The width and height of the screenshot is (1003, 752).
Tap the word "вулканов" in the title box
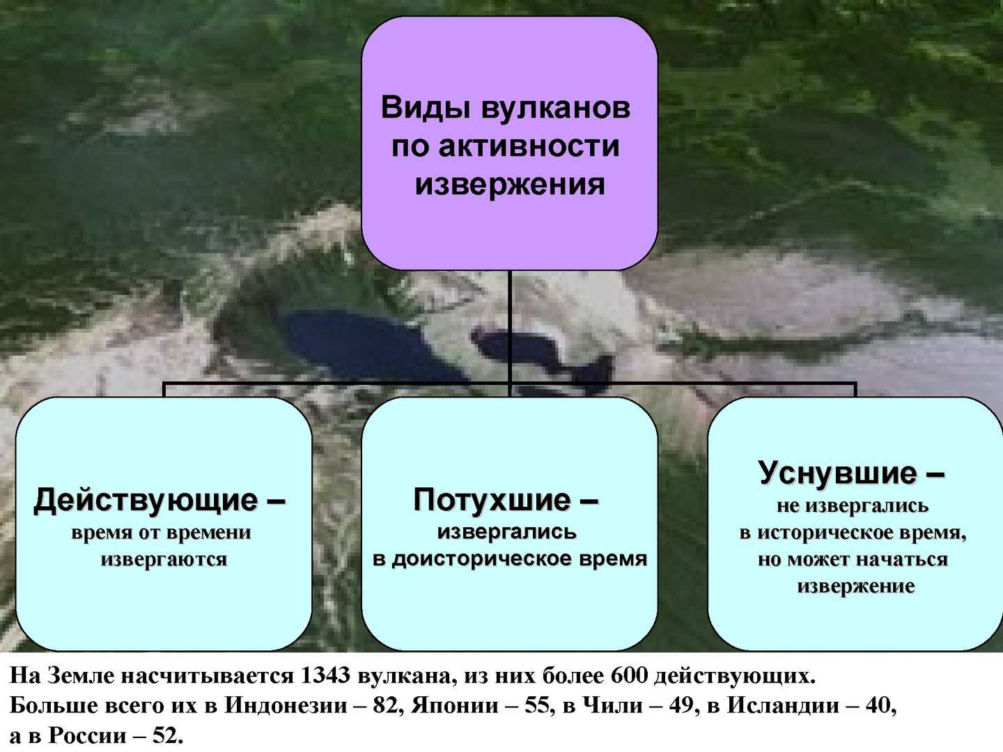tap(556, 109)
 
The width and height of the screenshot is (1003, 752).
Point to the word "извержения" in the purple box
tap(509, 185)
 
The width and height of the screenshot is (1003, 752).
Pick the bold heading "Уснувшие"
tap(837, 473)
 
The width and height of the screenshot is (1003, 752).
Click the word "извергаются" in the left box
tap(164, 559)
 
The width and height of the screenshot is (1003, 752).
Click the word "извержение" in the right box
tap(856, 586)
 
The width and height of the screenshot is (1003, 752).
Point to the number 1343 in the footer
tap(325, 675)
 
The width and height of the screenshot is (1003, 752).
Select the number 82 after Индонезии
tap(386, 705)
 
